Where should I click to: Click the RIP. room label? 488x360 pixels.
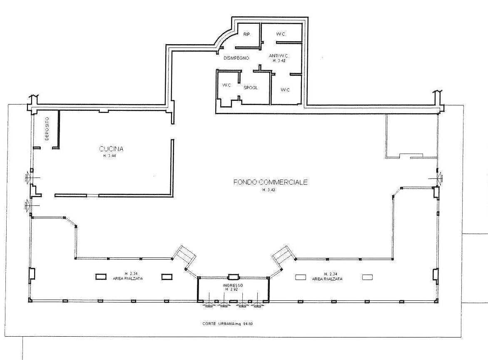(246, 34)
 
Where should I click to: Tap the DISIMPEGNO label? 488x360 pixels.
(236, 58)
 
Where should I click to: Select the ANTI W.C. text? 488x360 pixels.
(279, 55)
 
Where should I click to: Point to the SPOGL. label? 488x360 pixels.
(251, 88)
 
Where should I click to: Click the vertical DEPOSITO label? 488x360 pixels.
(47, 128)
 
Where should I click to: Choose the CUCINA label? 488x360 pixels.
(111, 149)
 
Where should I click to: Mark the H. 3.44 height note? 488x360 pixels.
(110, 156)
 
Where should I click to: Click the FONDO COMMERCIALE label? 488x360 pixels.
(270, 182)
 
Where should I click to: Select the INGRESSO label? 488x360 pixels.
(233, 285)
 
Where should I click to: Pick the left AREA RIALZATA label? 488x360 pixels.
(128, 278)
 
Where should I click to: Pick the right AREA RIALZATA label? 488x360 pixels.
(327, 279)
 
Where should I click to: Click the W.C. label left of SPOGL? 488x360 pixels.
(227, 85)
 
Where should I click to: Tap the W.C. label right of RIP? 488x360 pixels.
(281, 34)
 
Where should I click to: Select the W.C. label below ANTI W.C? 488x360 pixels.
(285, 90)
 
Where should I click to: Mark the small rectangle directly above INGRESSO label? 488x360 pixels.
(233, 277)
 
